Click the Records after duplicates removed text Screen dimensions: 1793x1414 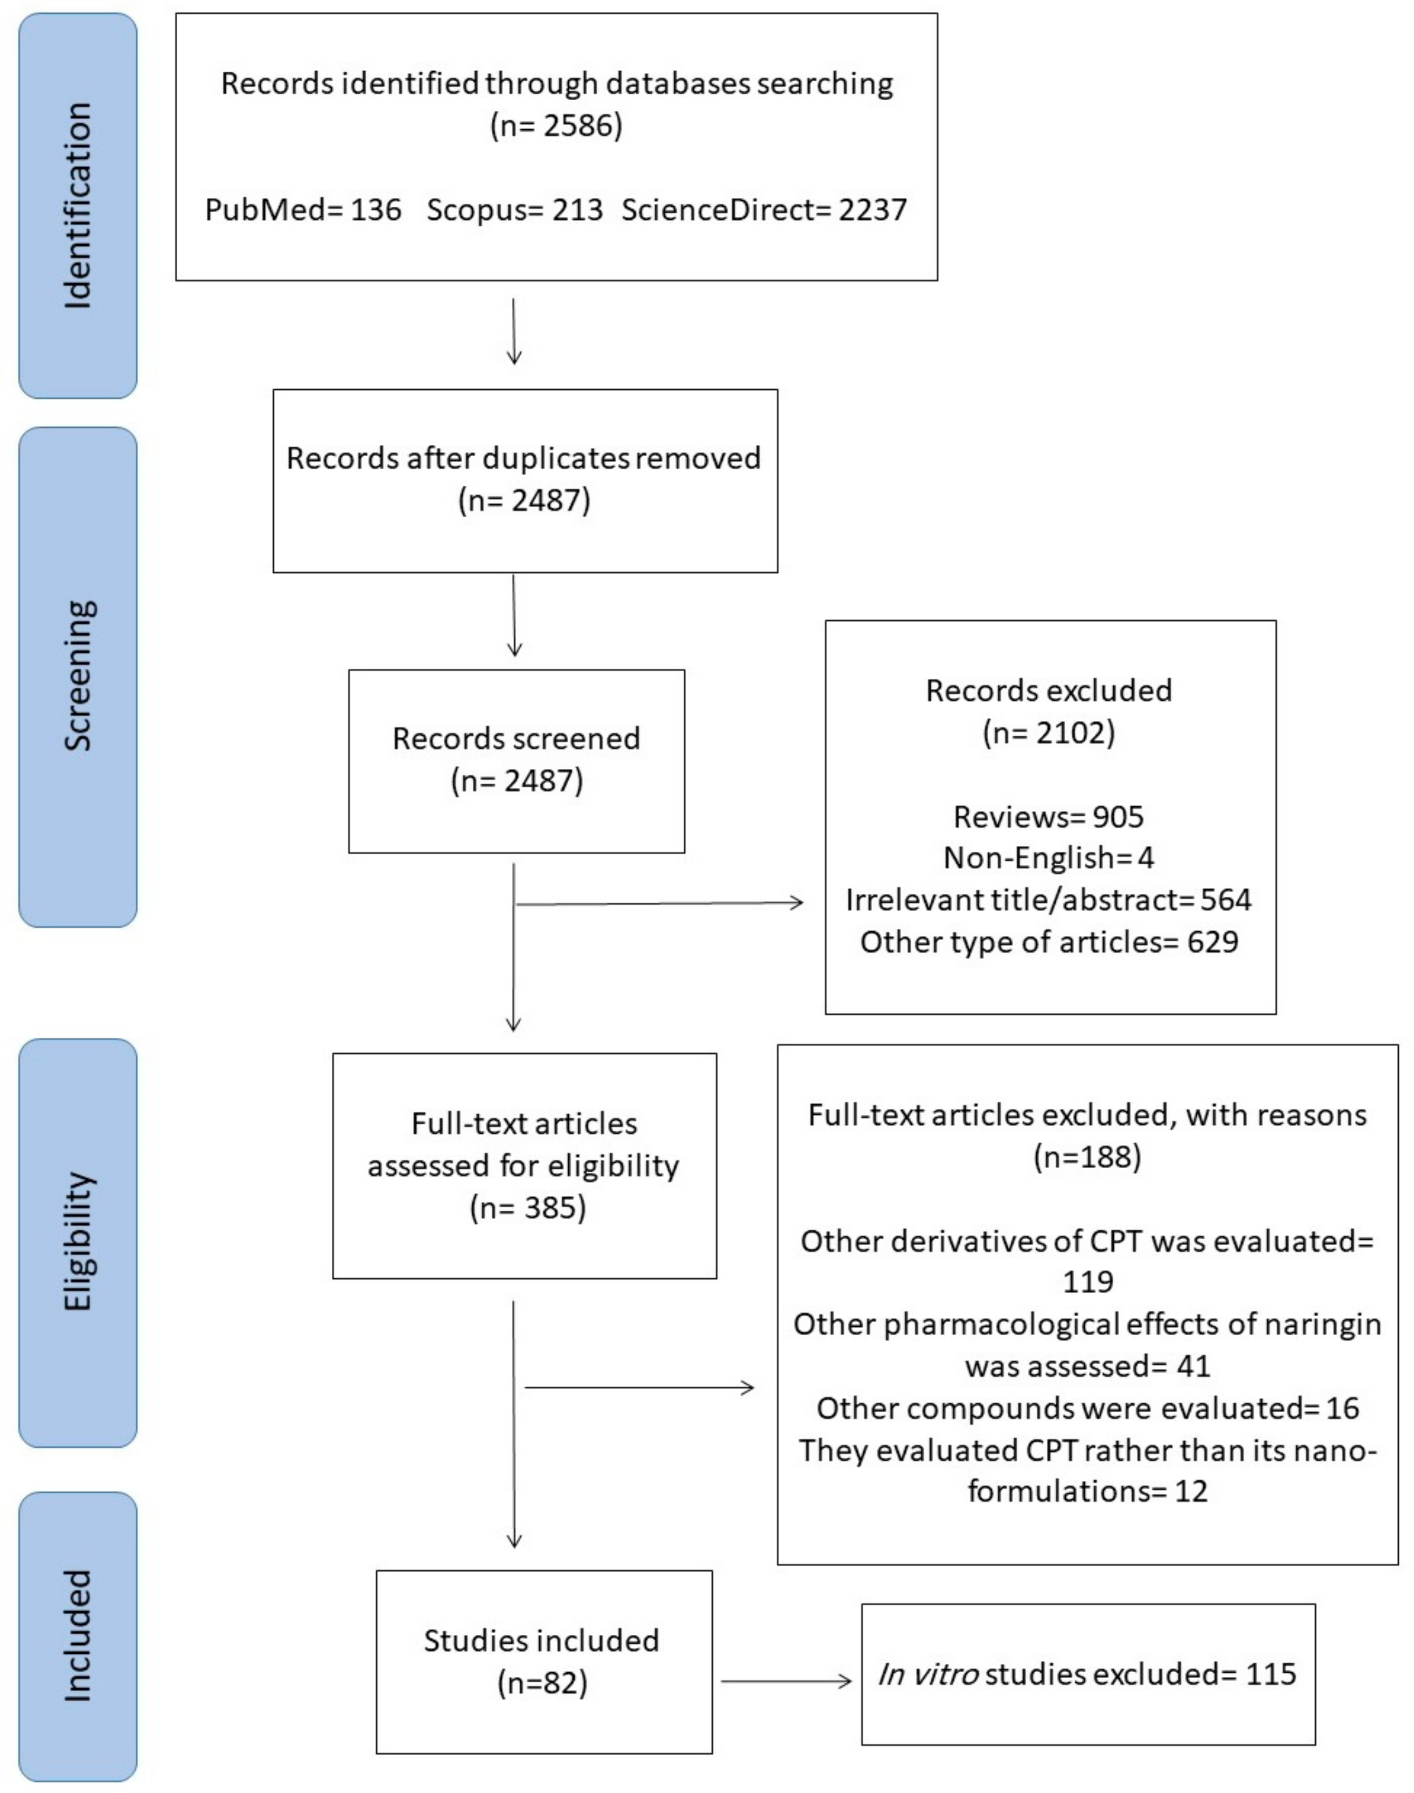pos(523,458)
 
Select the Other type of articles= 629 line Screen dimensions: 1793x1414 pos(1048,942)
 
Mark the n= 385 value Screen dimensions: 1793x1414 pos(528,1208)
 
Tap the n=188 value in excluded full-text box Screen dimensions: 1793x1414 pos(1087,1156)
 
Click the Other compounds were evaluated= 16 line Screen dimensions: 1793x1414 pos(1087,1408)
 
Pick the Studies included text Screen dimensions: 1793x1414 pos(541,1640)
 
